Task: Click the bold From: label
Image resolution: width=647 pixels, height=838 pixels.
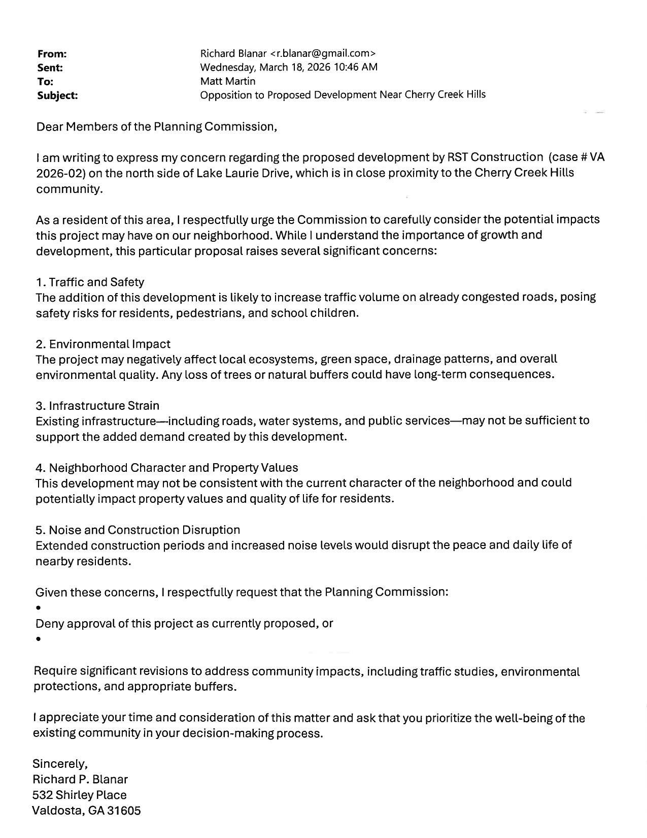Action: point(52,54)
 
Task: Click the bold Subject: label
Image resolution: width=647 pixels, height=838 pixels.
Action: point(57,95)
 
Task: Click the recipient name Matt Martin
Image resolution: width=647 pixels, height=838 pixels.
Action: point(228,81)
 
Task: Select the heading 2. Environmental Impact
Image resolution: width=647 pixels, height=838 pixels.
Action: point(103,344)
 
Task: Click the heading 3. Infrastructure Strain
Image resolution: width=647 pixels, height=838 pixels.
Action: point(97,406)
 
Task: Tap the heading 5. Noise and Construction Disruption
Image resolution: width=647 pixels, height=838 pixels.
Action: point(138,530)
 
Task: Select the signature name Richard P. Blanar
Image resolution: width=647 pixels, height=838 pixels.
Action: point(80,779)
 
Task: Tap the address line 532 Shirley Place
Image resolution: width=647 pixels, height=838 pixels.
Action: point(79,795)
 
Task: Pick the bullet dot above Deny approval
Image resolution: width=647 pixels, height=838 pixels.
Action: point(38,608)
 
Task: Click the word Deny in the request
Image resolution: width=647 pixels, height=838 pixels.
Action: point(49,623)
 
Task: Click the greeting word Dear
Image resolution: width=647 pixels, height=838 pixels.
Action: point(49,126)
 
